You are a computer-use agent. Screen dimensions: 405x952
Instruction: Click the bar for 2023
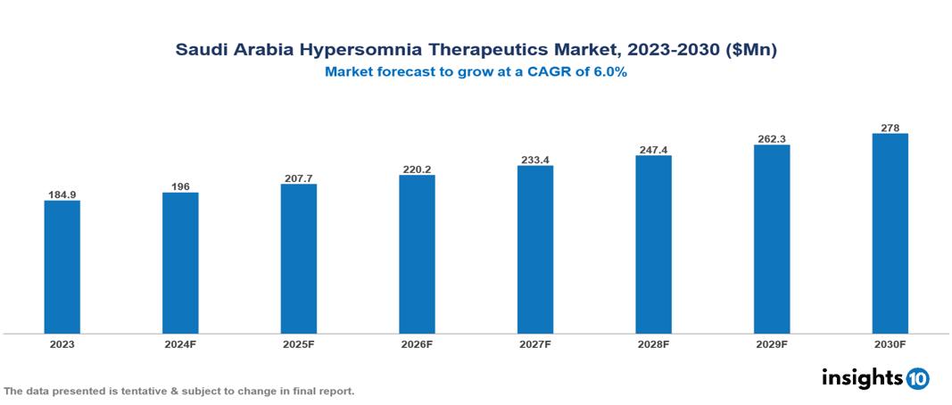62,267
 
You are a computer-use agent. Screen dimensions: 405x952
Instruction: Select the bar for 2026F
417,254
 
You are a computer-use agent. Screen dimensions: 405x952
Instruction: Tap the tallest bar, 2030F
890,234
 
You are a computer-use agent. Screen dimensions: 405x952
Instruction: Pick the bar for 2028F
653,244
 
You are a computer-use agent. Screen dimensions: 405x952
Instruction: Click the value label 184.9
62,194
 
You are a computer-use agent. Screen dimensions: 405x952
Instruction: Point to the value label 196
180,186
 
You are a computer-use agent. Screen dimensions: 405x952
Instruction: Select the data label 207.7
299,178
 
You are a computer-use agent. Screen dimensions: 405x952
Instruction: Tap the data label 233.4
535,160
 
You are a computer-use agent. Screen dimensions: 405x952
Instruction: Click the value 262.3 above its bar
772,139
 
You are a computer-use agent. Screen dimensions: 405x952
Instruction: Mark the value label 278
890,128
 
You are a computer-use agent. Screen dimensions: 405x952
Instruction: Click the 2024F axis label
180,344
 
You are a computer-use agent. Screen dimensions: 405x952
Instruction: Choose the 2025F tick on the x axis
299,344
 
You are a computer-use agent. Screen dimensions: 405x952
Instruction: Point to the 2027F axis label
535,344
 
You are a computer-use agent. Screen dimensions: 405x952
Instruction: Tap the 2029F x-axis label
772,344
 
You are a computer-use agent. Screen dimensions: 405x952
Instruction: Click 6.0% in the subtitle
607,72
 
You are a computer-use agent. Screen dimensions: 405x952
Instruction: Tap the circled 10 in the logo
917,379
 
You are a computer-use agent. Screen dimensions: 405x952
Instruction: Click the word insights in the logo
862,377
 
